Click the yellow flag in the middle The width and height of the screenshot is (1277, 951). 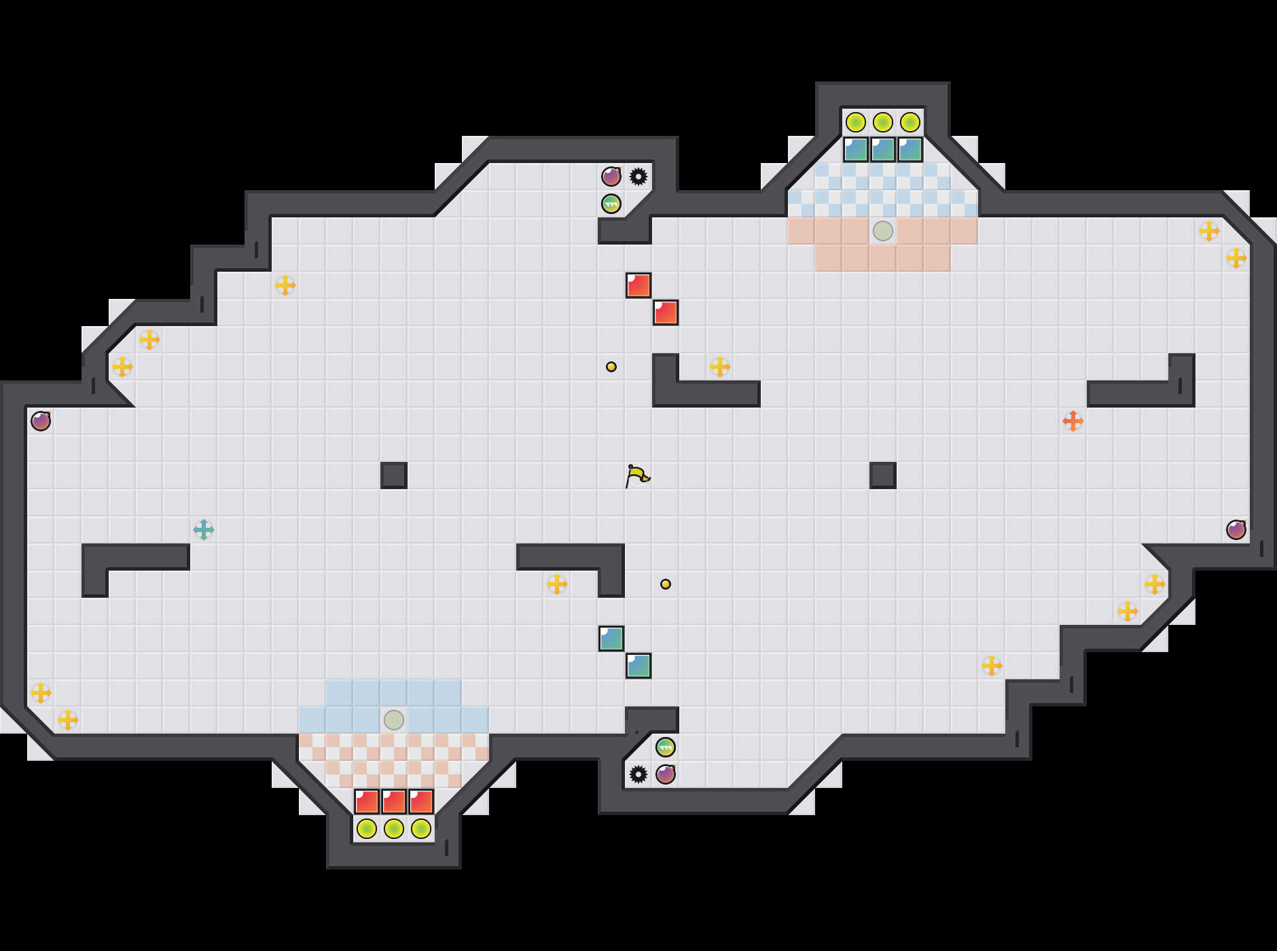tap(636, 475)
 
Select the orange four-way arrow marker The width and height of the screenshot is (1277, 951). tap(1073, 421)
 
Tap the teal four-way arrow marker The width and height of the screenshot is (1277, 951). tap(204, 530)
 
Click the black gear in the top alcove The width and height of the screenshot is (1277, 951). tap(638, 177)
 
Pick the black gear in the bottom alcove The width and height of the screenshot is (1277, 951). tap(638, 774)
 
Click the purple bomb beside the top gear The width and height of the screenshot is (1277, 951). tap(611, 177)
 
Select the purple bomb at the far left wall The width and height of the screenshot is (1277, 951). tap(41, 421)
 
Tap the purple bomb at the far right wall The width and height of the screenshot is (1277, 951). tap(1236, 530)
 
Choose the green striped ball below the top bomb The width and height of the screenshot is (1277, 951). tap(611, 204)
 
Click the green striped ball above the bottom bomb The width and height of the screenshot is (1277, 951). tap(666, 747)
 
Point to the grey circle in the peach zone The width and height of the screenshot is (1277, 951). tap(883, 231)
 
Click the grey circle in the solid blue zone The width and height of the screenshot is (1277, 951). tap(394, 720)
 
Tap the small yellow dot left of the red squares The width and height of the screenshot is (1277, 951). tap(611, 367)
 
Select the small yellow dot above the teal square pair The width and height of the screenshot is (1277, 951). tap(666, 584)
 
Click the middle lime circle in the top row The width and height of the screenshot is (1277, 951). tap(883, 122)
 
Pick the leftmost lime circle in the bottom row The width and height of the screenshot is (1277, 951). tap(367, 829)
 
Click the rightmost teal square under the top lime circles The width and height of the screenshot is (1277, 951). tap(910, 149)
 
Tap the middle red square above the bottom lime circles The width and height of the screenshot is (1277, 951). tap(394, 802)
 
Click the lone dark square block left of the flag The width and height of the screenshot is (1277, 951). tap(394, 475)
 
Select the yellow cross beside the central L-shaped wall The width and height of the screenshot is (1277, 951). tap(720, 367)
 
